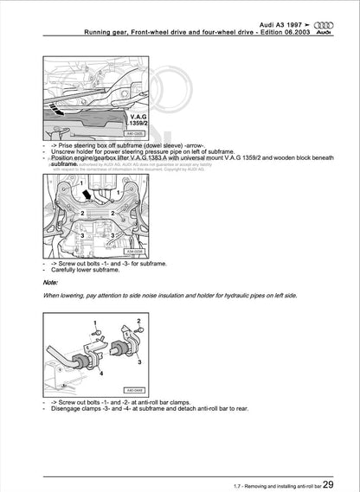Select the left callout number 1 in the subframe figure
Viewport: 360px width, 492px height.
point(58,184)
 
